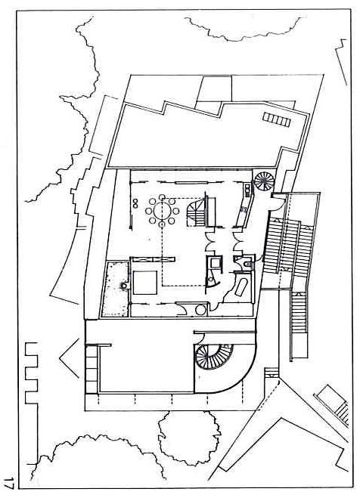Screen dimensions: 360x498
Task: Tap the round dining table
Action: (162, 211)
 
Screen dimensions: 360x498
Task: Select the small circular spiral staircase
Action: (264, 181)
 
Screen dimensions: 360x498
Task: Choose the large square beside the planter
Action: (145, 283)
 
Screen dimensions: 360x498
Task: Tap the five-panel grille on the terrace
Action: (277, 120)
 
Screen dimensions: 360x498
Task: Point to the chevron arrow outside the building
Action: (69, 358)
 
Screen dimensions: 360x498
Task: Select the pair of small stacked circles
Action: (136, 203)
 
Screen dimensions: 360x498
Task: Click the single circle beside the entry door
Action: (201, 309)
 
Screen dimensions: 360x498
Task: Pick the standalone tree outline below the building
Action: (190, 438)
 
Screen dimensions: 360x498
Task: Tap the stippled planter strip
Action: (115, 289)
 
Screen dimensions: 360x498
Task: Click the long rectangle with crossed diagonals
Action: (153, 259)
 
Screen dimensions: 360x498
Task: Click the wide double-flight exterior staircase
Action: (288, 246)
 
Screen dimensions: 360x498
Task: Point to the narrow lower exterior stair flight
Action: (299, 313)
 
